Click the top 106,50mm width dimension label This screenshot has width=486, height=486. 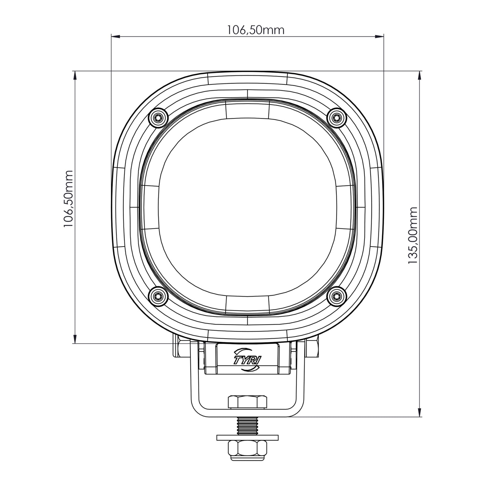pos(256,30)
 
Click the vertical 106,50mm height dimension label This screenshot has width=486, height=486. pos(68,199)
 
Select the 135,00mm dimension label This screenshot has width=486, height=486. pos(413,235)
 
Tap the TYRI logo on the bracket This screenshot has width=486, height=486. pos(247,360)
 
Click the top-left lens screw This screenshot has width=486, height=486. pos(158,117)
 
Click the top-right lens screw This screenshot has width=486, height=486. pos(336,117)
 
